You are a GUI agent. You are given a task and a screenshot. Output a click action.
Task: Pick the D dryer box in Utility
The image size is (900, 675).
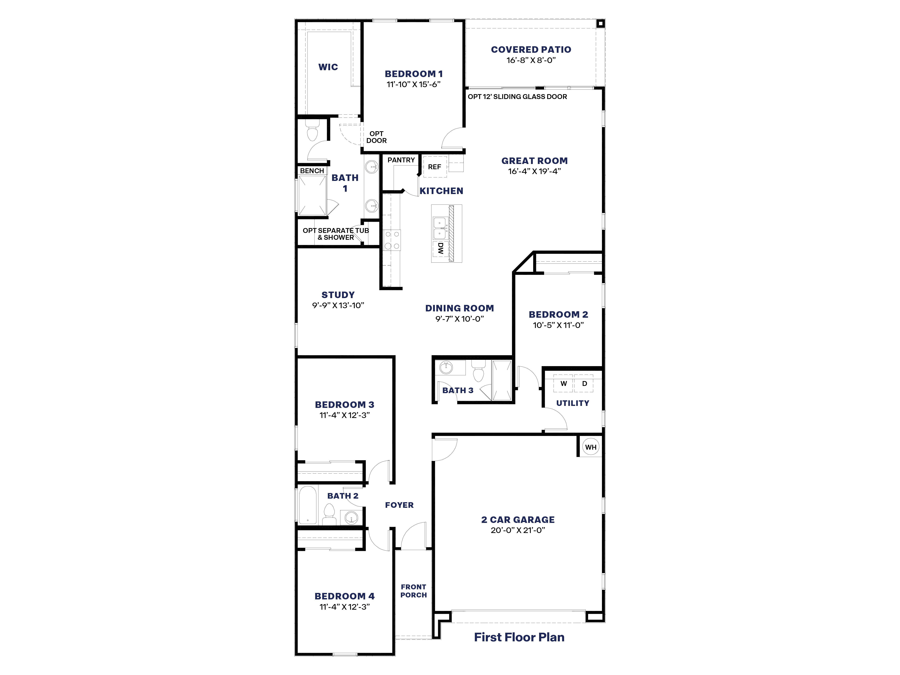(584, 384)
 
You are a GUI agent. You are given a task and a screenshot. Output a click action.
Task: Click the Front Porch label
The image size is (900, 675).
(413, 591)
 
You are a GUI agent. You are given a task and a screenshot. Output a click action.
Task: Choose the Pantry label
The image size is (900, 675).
(401, 160)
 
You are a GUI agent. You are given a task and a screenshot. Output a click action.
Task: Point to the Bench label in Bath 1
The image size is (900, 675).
(312, 171)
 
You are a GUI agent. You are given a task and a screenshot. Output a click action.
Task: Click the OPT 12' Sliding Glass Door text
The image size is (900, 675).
(517, 96)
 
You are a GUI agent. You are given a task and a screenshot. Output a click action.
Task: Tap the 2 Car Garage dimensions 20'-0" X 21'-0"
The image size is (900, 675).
(517, 530)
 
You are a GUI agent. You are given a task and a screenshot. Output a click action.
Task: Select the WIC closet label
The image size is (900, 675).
(328, 67)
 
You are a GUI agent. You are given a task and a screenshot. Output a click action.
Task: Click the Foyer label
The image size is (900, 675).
(399, 505)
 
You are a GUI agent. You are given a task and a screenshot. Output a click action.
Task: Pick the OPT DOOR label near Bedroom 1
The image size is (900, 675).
(376, 137)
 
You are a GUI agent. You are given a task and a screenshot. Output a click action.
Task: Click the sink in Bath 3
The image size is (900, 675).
(446, 367)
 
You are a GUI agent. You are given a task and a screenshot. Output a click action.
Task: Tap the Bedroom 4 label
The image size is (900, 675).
(344, 596)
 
